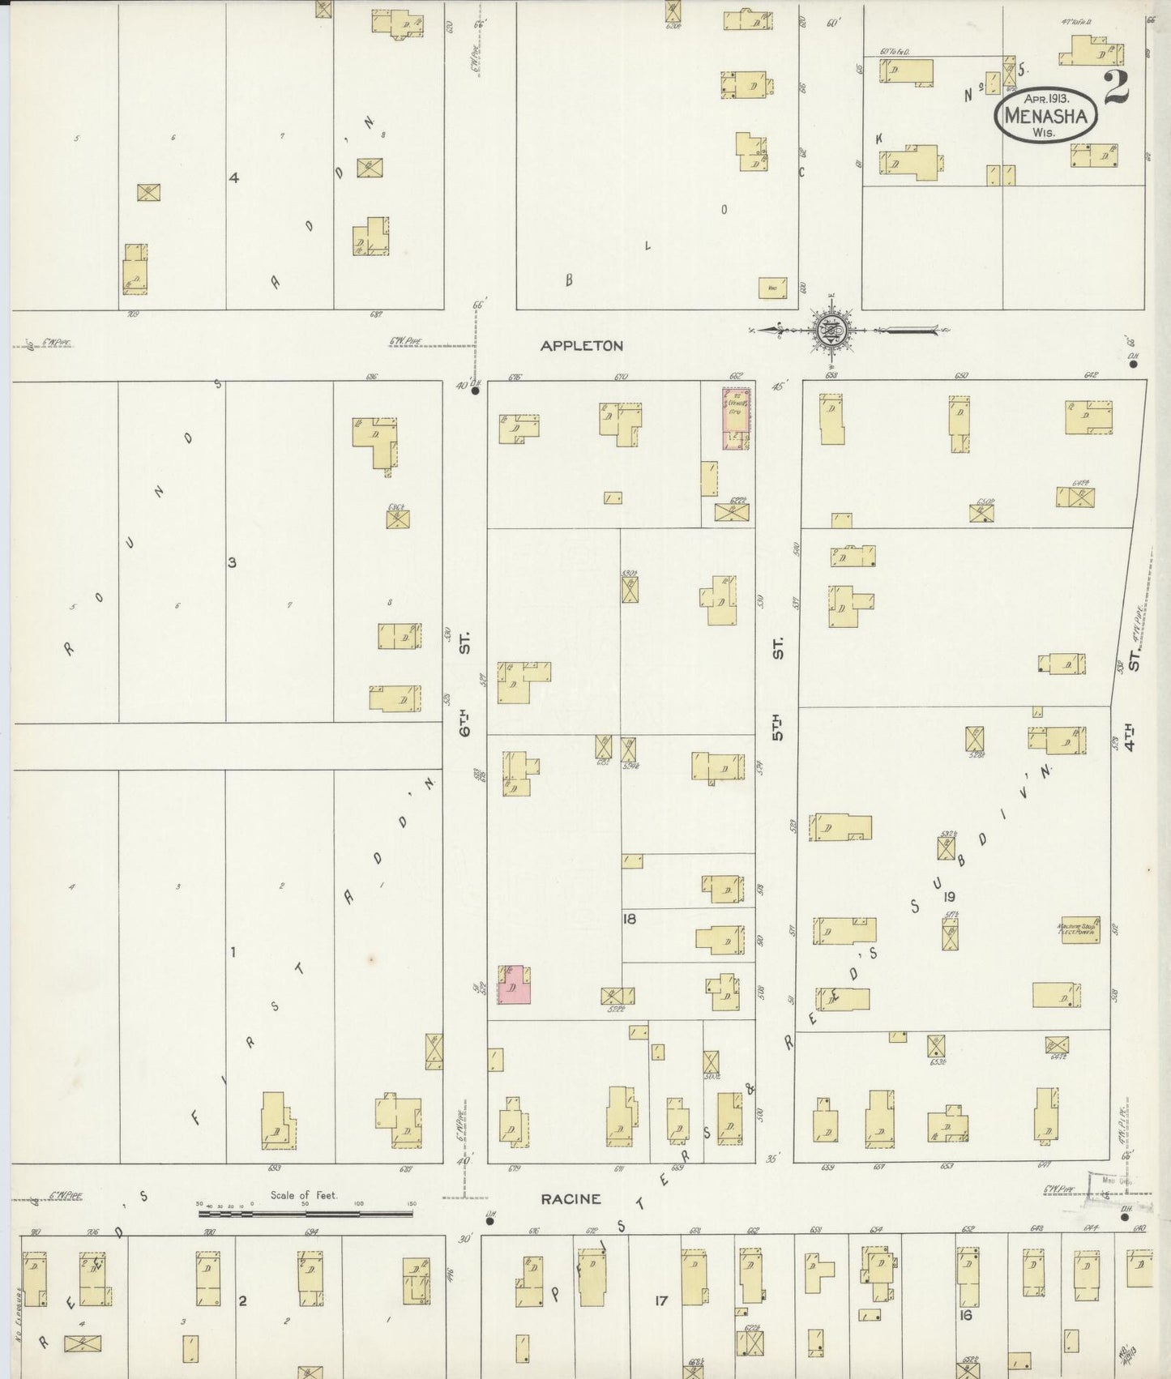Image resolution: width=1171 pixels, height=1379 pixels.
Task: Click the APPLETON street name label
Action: click(582, 346)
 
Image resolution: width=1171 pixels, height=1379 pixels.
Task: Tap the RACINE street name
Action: click(572, 1199)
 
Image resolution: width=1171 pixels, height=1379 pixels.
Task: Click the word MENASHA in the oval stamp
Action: click(1045, 116)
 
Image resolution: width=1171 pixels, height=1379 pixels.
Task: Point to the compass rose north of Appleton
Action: click(834, 330)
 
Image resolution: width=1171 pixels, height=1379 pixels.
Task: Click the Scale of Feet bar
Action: click(306, 1214)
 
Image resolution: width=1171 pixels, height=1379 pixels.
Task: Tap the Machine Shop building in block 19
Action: click(1077, 930)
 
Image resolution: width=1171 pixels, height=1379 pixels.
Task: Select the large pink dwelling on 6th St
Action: click(514, 984)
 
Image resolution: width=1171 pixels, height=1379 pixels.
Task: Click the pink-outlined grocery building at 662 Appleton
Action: click(736, 418)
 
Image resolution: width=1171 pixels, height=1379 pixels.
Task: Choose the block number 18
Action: click(630, 919)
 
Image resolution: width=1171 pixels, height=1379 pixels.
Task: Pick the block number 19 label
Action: click(950, 896)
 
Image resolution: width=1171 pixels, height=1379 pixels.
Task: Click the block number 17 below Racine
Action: click(661, 1300)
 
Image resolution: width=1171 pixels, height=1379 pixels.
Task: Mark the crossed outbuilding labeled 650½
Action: click(982, 513)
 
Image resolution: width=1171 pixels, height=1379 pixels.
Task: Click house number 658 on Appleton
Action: click(831, 376)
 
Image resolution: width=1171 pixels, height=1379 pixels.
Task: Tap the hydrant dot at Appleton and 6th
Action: click(475, 391)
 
